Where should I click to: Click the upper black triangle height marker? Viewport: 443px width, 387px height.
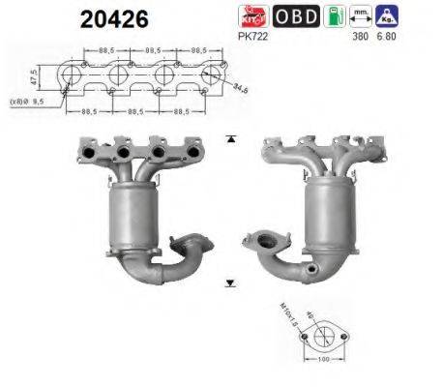230,140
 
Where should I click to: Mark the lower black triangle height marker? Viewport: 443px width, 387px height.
230,283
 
